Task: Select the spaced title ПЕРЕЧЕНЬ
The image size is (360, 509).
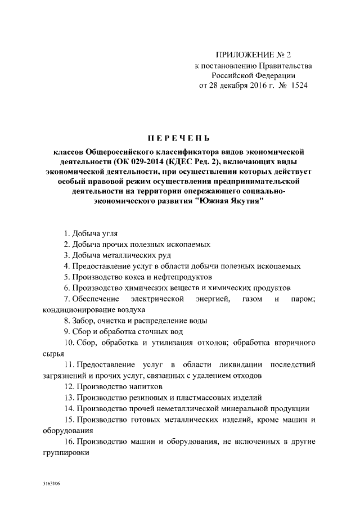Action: pyautogui.click(x=178, y=138)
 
